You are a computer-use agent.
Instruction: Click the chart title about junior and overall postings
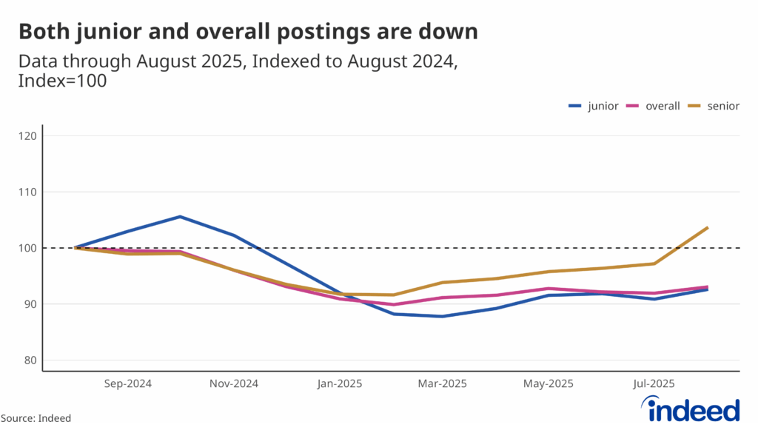248,32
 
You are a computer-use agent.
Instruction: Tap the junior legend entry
593,106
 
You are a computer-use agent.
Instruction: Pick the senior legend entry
714,106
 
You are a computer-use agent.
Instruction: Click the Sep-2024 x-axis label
128,383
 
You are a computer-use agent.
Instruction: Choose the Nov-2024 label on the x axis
233,383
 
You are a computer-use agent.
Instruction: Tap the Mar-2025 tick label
442,383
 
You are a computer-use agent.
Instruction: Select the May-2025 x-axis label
549,383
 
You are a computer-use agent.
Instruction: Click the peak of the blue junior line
180,217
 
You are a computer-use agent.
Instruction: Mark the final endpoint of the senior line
708,227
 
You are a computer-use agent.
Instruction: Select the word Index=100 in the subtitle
63,81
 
